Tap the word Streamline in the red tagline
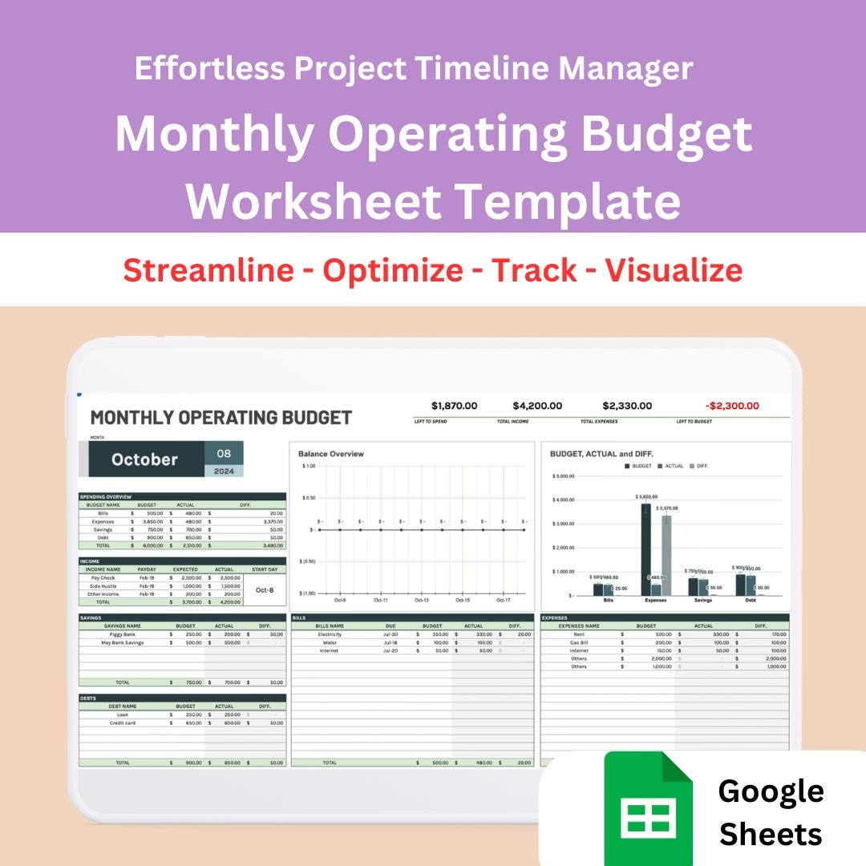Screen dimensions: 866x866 pyautogui.click(x=208, y=270)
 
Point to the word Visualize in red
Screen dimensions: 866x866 pyautogui.click(x=674, y=270)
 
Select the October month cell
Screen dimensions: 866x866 pyautogui.click(x=145, y=459)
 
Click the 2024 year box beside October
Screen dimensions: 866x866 pyautogui.click(x=225, y=471)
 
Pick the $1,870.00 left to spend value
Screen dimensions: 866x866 pyautogui.click(x=454, y=406)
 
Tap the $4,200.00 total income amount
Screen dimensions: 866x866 pyautogui.click(x=537, y=406)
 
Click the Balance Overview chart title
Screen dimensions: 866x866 pyautogui.click(x=331, y=454)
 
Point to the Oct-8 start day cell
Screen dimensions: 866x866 pyautogui.click(x=265, y=589)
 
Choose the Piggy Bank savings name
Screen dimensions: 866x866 pyautogui.click(x=123, y=634)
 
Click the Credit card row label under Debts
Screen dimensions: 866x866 pyautogui.click(x=123, y=723)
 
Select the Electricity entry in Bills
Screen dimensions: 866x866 pyautogui.click(x=330, y=634)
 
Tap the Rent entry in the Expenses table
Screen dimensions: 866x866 pyautogui.click(x=579, y=634)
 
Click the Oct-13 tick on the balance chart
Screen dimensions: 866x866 pyautogui.click(x=422, y=600)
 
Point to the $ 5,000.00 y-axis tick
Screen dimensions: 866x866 pyautogui.click(x=564, y=476)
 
